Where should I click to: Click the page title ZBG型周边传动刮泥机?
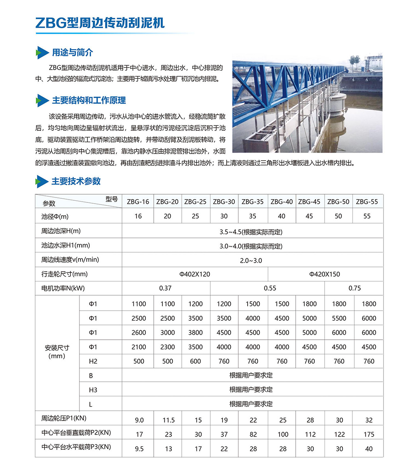pos(100,23)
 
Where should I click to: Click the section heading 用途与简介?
pos(72,53)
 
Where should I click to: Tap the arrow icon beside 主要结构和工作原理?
pos(40,101)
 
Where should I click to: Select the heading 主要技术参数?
pos(76,181)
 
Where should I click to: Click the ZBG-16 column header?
pos(138,202)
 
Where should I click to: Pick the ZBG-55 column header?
pos(367,202)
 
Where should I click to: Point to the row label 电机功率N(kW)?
pos(66,288)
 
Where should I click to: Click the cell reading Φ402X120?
pos(195,274)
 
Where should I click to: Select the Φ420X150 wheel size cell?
pos(325,274)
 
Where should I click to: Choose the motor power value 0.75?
pos(354,288)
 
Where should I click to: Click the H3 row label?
pos(93,390)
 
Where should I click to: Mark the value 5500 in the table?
pos(339,318)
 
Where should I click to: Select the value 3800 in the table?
pos(195,333)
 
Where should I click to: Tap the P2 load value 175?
pos(369,435)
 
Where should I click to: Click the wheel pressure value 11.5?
pos(168,420)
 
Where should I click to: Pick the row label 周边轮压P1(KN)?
pos(64,418)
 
